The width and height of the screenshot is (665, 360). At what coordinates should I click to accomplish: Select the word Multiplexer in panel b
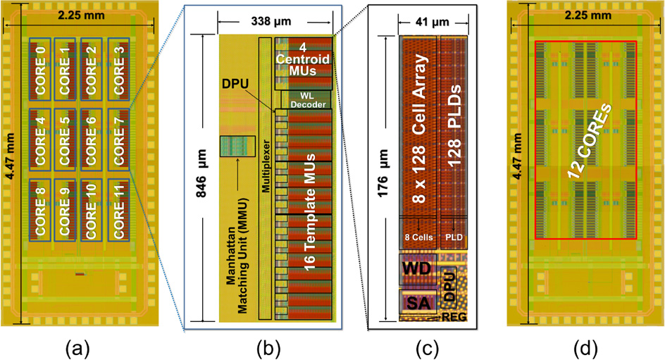[266, 178]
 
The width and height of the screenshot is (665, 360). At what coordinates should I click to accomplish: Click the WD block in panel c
[417, 268]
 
